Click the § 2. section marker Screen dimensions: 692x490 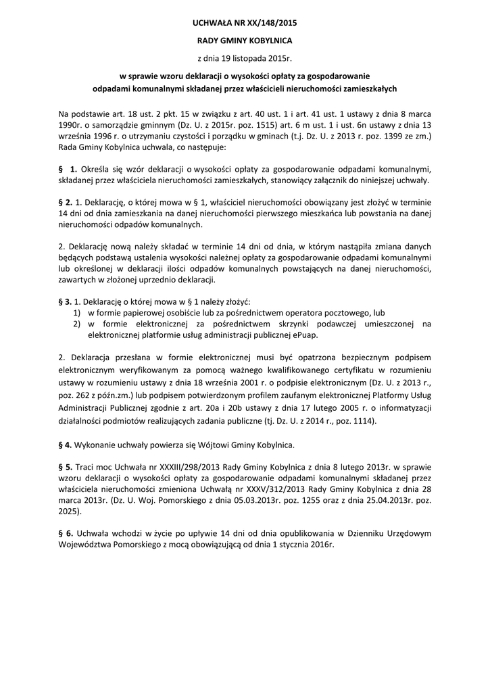66,202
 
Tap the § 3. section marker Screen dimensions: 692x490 66,301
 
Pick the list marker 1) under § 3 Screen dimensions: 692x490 77,313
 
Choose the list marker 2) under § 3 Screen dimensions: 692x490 77,324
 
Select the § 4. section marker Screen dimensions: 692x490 66,445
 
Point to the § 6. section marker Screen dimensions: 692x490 66,533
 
